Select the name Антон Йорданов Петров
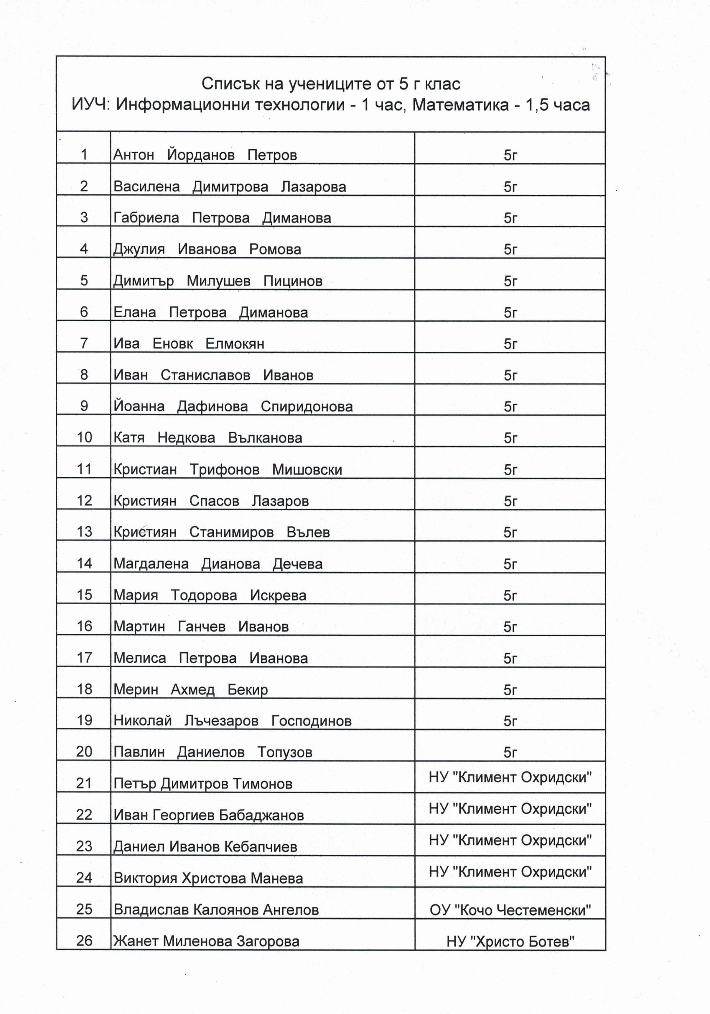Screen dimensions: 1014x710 [205, 155]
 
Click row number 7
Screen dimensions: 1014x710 [84, 343]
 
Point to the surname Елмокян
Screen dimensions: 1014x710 [235, 344]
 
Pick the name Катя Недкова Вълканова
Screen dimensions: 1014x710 [207, 438]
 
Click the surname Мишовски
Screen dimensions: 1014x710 [307, 469]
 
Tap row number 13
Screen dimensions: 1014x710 [84, 532]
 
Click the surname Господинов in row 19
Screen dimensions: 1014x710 [311, 721]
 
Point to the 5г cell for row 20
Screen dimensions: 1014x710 [510, 752]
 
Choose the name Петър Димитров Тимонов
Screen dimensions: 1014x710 [202, 784]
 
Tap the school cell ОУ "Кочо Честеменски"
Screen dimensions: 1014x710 [510, 910]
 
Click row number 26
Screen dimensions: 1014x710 [84, 941]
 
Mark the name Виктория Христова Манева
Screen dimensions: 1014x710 [208, 878]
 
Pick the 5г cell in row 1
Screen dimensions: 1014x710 [510, 155]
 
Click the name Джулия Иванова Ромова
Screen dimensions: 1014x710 [207, 249]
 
